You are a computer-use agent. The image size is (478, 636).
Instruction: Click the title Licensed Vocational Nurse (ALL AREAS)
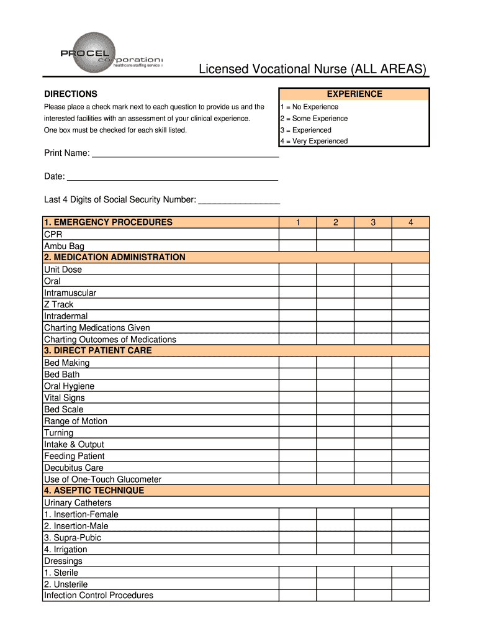point(312,69)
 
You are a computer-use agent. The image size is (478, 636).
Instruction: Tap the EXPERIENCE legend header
point(354,94)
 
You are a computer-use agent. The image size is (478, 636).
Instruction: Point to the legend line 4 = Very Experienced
point(314,141)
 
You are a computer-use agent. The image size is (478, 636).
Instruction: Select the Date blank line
point(172,179)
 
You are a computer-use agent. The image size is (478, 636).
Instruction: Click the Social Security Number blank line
point(238,202)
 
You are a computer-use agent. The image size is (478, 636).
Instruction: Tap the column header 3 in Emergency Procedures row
point(373,222)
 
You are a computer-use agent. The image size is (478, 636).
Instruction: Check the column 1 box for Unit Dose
point(297,270)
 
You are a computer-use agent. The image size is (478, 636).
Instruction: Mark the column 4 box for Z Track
point(410,304)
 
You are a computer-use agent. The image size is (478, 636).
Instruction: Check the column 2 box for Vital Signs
point(335,397)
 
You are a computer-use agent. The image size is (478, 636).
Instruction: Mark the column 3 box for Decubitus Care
point(373,468)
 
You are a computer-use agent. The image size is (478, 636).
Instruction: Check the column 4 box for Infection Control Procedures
point(410,596)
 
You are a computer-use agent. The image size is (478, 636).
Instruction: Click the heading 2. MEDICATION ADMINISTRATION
point(115,257)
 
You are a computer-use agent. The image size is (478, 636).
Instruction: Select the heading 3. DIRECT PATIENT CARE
point(98,350)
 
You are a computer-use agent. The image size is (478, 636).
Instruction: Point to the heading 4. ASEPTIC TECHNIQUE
point(94,491)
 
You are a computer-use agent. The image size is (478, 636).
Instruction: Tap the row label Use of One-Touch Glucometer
point(102,479)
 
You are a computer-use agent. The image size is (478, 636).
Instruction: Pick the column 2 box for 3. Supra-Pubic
point(335,538)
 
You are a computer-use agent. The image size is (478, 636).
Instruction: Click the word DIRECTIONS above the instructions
point(71,94)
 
